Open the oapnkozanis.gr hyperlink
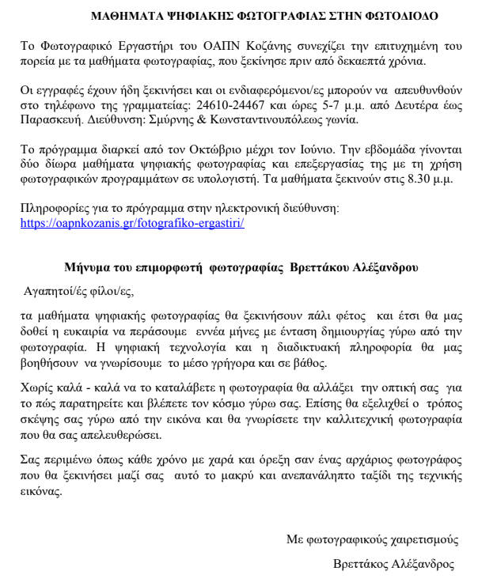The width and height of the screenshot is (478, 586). tap(132, 223)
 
